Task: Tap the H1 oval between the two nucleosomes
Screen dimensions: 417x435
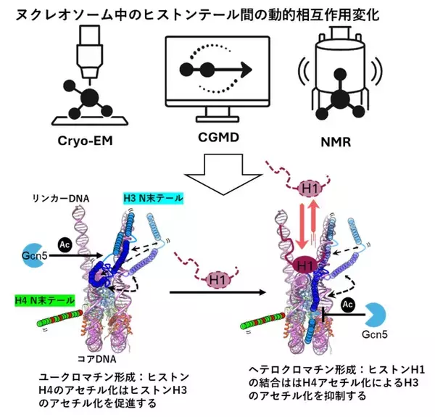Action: point(215,277)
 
